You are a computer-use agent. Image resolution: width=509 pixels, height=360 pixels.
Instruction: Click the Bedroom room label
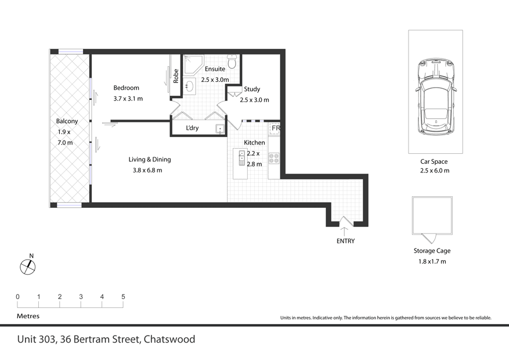click(126, 88)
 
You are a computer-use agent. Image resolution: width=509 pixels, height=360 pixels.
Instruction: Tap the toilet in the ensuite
click(232, 61)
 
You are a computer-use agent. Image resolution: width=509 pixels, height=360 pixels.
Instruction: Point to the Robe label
click(176, 76)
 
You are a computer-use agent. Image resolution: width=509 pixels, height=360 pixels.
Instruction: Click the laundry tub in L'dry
click(220, 129)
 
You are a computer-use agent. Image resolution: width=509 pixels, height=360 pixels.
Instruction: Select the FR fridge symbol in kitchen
click(275, 128)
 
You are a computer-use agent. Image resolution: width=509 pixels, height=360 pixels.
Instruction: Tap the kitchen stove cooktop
click(275, 157)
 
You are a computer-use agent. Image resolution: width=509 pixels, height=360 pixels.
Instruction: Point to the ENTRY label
click(345, 241)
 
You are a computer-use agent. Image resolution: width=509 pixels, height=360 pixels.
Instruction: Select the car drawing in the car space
click(435, 96)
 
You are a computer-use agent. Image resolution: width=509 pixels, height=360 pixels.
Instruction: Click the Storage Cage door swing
click(429, 238)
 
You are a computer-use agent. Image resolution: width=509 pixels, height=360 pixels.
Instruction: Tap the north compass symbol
click(28, 267)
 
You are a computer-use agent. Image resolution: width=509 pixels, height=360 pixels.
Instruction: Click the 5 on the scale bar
click(123, 297)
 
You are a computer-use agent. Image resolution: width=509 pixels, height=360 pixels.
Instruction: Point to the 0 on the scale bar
click(17, 297)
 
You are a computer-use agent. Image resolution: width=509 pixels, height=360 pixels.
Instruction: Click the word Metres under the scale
click(28, 316)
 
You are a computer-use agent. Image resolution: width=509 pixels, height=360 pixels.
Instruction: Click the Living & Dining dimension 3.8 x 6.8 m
click(147, 170)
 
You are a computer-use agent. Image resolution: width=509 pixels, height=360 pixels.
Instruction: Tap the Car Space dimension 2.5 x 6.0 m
click(435, 171)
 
